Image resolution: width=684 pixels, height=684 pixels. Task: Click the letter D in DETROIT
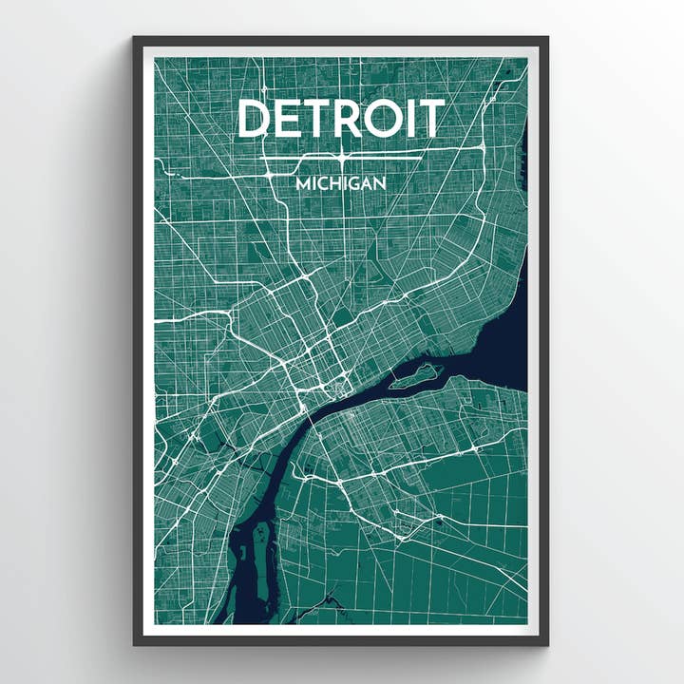click(x=255, y=119)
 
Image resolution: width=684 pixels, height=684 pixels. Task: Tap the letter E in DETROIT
click(x=289, y=119)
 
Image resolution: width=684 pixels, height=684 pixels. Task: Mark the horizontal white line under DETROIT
click(x=340, y=155)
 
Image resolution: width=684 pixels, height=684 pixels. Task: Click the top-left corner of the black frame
click(x=135, y=39)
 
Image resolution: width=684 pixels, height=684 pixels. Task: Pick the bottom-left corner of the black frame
click(x=135, y=644)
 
